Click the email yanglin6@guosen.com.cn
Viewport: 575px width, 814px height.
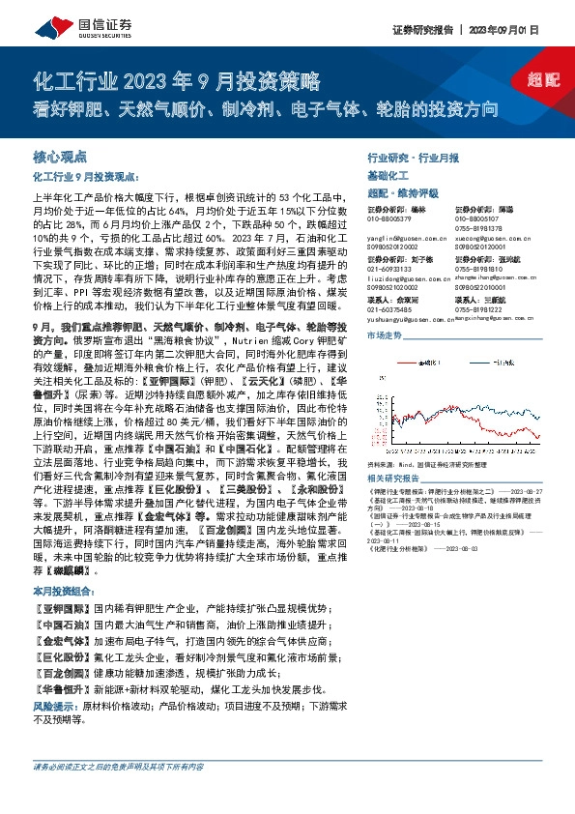[x=400, y=235]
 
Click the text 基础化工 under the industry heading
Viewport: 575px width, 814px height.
[x=390, y=175]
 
